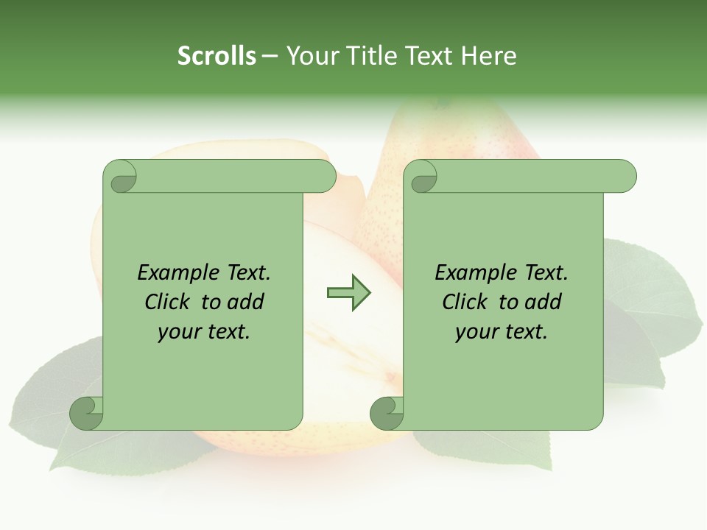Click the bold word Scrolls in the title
(217, 56)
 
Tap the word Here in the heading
(488, 56)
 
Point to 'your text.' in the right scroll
(501, 332)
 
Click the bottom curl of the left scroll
(87, 412)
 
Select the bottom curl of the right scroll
(386, 412)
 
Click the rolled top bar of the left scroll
(236, 176)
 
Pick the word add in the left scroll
(246, 303)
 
